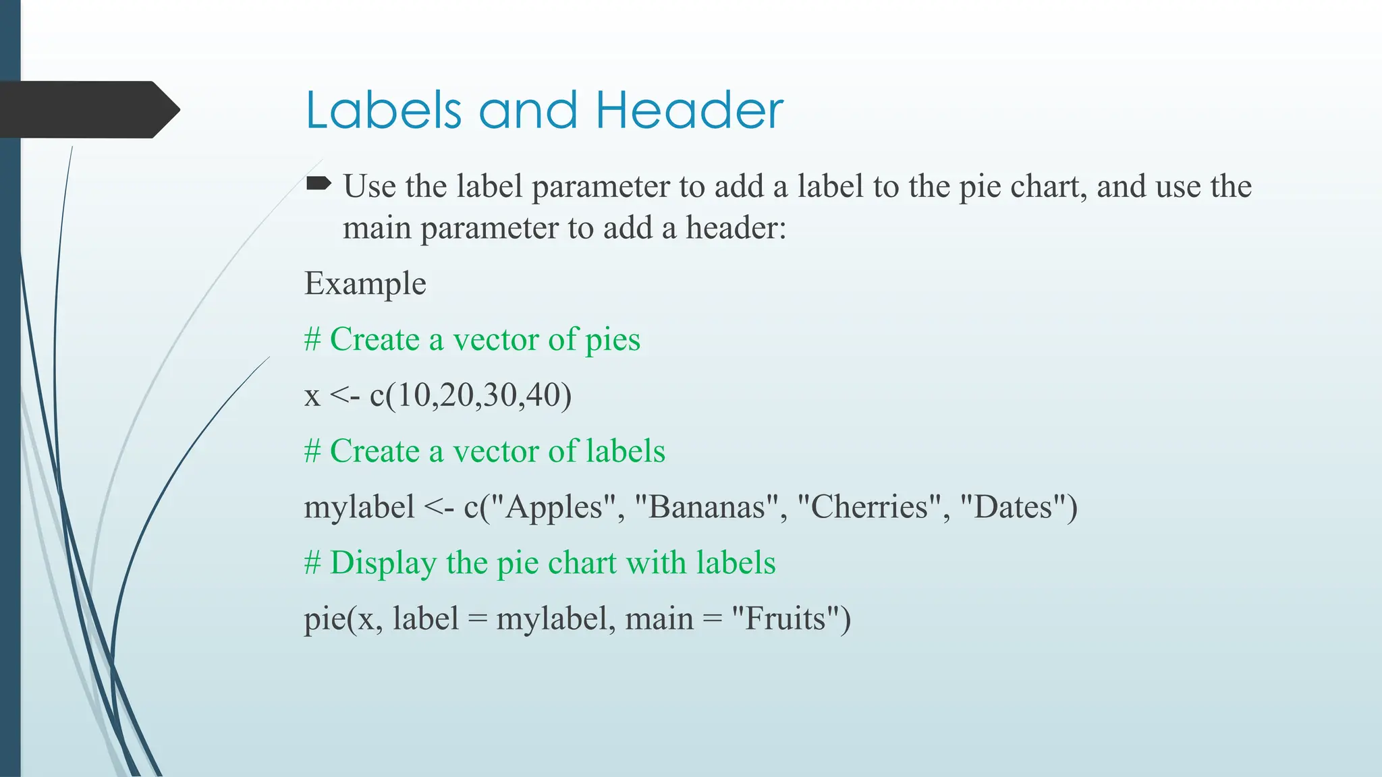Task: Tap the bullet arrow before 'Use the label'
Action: pos(319,183)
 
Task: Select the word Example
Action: pos(365,283)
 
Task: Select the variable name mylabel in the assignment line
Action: pos(359,507)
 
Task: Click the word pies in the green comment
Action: pos(612,339)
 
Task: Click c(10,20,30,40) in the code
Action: pos(470,395)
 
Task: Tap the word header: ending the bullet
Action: pos(736,228)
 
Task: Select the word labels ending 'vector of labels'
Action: pos(626,451)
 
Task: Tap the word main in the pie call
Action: pos(659,618)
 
